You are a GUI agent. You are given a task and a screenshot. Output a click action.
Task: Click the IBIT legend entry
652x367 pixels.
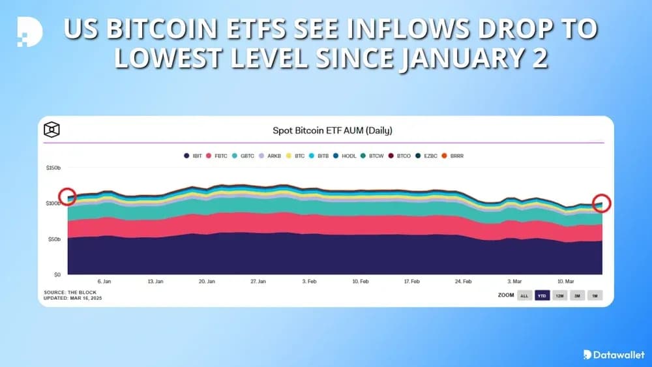point(193,156)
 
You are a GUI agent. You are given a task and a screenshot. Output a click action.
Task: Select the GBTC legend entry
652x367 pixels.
point(243,156)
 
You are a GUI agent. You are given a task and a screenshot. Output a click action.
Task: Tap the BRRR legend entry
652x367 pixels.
point(455,156)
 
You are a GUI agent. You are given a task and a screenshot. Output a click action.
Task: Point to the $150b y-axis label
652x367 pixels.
point(53,168)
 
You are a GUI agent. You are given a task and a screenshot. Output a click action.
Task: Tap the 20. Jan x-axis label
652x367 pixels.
point(206,282)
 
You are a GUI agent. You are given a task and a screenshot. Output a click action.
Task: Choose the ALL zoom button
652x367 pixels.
point(524,296)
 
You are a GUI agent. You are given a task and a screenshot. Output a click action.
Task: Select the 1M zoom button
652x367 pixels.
point(594,296)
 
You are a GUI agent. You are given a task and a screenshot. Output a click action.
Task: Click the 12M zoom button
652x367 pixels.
point(559,296)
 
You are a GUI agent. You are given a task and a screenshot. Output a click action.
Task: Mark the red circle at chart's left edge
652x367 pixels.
point(67,196)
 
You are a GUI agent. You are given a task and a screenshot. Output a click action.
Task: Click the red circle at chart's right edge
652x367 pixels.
point(602,203)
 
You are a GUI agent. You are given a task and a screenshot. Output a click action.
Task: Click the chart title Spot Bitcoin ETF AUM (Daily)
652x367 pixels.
point(332,130)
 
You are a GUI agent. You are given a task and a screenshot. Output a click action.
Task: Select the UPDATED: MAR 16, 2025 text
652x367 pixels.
point(73,298)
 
